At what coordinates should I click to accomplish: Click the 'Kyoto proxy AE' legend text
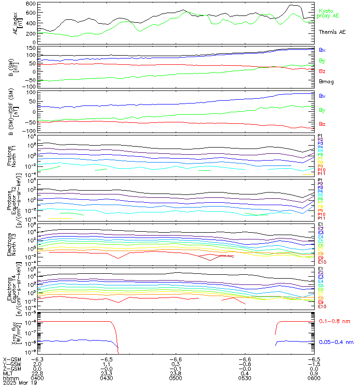328,13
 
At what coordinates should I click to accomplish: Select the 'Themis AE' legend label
332,32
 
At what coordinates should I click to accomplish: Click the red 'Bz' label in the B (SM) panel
322,71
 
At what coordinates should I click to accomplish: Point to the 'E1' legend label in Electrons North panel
320,225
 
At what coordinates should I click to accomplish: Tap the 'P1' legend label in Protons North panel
320,136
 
